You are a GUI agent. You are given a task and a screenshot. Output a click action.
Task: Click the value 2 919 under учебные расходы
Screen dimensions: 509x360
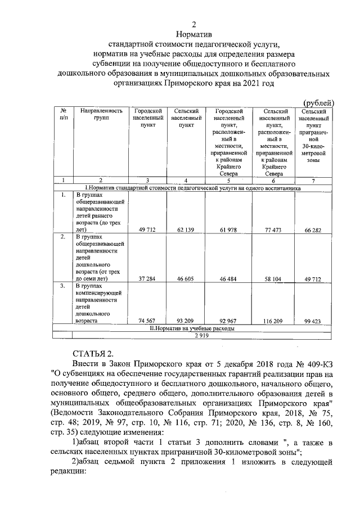click(194, 335)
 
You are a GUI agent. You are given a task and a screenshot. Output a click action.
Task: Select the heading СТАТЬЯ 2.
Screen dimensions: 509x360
click(94, 353)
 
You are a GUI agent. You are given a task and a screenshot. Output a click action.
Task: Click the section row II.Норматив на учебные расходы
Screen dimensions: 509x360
click(194, 328)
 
